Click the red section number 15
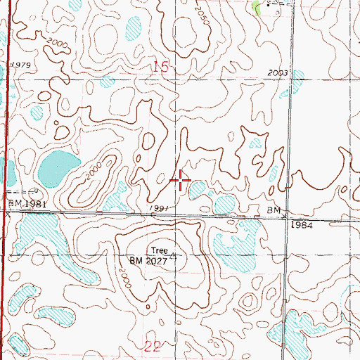tap(161, 67)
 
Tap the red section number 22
tap(153, 346)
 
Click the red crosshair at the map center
tap(181, 181)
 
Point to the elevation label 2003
tap(279, 73)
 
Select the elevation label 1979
tap(22, 65)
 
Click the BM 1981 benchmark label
tap(21, 204)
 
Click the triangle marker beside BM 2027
tap(174, 257)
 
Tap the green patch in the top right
tap(256, 8)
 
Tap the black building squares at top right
tap(278, 4)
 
